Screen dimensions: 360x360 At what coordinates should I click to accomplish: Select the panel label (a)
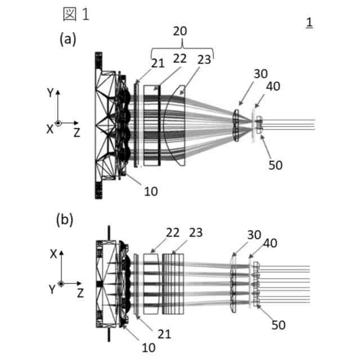68,39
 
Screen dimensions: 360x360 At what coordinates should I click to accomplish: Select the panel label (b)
65,220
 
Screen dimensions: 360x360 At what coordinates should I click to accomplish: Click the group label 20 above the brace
181,31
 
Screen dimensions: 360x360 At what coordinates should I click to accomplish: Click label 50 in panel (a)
275,165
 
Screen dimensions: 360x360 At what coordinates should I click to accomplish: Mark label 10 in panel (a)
151,191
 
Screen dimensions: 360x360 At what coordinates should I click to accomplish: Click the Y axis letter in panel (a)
50,93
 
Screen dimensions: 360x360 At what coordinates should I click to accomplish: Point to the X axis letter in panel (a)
49,129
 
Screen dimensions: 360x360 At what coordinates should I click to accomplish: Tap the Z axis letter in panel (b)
81,292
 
